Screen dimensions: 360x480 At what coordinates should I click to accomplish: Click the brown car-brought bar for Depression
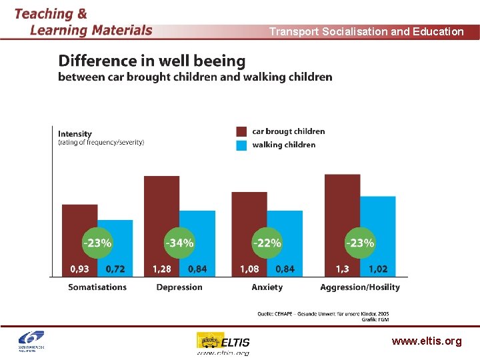point(161,200)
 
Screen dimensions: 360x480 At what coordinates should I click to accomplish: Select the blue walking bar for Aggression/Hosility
point(378,213)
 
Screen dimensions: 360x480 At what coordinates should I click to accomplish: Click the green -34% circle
point(179,243)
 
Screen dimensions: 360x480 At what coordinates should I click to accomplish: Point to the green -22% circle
point(267,243)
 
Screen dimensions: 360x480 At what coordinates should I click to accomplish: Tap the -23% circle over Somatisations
point(97,243)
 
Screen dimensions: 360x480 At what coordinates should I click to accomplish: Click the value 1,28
point(162,269)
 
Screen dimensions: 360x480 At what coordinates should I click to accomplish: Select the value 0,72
point(115,269)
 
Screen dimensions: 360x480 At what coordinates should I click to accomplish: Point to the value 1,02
point(378,269)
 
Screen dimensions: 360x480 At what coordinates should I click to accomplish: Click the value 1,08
point(249,269)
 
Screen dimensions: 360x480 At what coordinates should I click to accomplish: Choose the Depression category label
point(179,287)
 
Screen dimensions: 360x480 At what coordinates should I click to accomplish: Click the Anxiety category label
point(267,287)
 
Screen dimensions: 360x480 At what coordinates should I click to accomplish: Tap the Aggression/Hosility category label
point(360,287)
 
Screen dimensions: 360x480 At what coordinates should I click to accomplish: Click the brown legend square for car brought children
point(241,131)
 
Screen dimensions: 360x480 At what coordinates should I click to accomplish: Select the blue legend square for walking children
point(241,145)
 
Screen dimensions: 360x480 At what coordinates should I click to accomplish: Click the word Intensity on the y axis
point(75,134)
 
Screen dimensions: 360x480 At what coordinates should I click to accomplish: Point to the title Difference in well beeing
point(152,61)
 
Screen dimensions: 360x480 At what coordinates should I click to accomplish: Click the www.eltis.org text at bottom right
point(427,341)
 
